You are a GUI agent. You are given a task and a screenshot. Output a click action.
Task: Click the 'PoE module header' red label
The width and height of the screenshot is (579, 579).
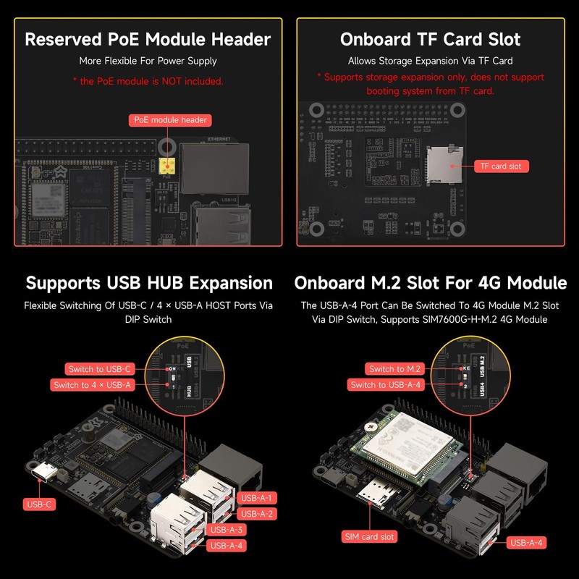tap(170, 119)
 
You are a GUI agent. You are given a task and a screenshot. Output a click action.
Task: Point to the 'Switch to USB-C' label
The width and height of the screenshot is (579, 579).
tap(99, 369)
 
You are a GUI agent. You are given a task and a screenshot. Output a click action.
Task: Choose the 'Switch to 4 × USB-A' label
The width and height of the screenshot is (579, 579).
tap(93, 385)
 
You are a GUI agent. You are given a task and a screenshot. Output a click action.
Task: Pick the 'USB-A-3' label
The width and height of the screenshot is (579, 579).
tap(226, 530)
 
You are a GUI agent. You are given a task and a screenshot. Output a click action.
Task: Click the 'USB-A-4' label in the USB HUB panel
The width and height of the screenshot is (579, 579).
tap(226, 546)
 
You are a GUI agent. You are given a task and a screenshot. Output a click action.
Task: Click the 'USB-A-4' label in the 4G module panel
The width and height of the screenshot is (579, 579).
tap(526, 542)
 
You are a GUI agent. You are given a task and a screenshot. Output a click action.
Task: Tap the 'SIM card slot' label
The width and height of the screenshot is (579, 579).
tap(369, 537)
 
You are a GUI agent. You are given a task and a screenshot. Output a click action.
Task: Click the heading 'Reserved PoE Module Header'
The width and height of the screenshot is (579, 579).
tap(148, 39)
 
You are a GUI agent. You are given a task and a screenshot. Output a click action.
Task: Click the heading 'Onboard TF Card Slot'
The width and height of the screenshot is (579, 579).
tap(431, 39)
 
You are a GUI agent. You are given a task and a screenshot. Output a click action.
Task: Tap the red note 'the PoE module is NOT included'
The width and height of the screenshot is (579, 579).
tap(148, 81)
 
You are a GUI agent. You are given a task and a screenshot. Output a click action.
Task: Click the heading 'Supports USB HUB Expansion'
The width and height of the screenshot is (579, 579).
tap(149, 282)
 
